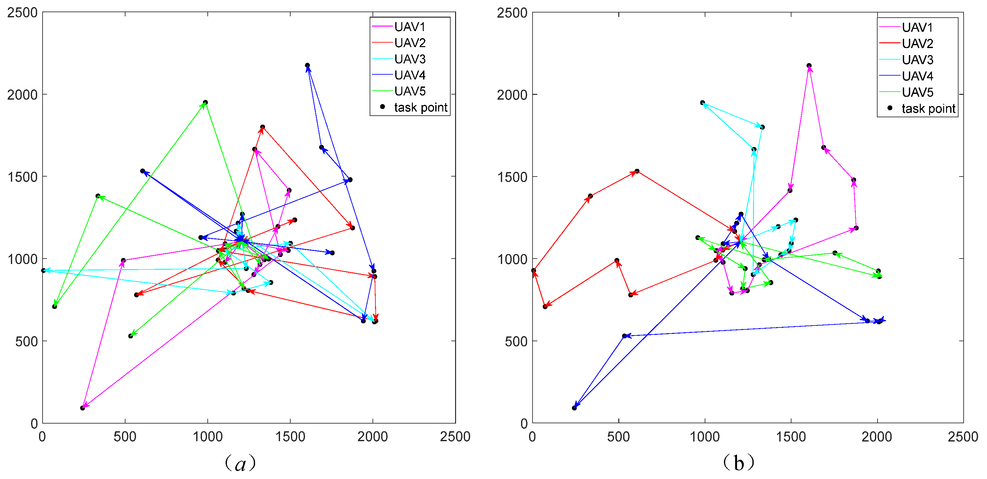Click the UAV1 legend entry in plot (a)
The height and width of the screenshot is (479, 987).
[409, 27]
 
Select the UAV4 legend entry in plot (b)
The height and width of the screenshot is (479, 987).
[917, 76]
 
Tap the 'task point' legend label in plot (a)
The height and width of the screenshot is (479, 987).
[420, 107]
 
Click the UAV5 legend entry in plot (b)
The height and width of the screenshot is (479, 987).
[917, 92]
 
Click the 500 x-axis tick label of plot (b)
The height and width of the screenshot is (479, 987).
[618, 436]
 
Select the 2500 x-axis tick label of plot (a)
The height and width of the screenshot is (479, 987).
[455, 436]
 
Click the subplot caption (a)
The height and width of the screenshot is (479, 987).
[240, 463]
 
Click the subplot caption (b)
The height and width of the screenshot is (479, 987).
[738, 463]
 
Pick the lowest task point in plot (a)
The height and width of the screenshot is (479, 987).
[82, 408]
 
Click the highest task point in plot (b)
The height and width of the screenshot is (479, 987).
[809, 66]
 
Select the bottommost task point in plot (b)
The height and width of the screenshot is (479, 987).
[574, 408]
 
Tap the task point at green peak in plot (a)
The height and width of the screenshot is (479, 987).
[205, 103]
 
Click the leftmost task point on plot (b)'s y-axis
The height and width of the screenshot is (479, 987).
[534, 270]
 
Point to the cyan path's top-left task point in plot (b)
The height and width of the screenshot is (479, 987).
[702, 103]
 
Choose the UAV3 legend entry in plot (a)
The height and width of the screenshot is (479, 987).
[409, 59]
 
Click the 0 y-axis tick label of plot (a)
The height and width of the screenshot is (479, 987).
[34, 424]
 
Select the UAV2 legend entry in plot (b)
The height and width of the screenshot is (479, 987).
[917, 44]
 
